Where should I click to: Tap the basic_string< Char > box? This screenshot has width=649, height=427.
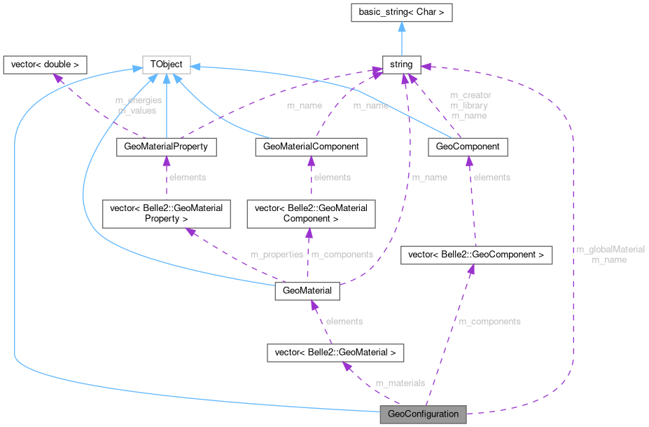[401, 11]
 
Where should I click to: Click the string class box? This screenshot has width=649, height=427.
[401, 65]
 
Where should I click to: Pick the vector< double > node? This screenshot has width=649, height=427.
[45, 65]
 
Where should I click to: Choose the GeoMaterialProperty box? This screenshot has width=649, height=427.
[166, 147]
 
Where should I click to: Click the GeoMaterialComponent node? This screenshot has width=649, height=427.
[312, 147]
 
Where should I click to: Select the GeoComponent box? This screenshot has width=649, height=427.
[467, 147]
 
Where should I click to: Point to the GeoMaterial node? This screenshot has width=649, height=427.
[308, 290]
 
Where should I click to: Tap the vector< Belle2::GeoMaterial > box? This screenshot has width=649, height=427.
[336, 352]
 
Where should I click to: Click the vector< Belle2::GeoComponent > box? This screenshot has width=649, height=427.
[476, 255]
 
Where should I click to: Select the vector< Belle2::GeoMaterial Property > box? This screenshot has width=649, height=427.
[166, 213]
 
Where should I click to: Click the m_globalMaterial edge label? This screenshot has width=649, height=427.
[610, 249]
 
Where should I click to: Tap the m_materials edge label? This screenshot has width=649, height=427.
[400, 383]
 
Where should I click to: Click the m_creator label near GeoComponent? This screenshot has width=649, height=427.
[470, 95]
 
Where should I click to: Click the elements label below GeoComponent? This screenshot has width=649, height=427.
[491, 177]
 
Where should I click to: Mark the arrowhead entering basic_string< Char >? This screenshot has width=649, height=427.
[401, 25]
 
